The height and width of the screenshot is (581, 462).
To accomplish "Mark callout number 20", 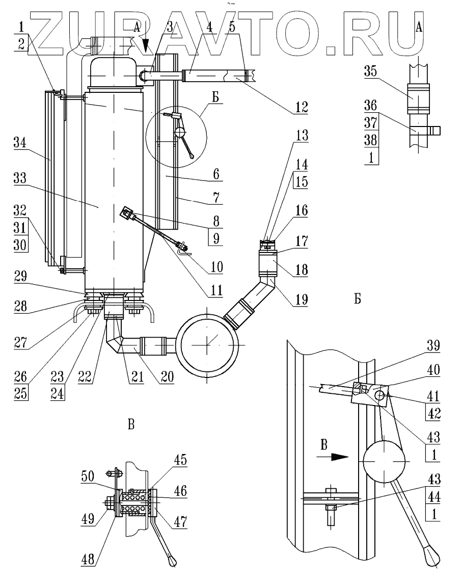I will [x=167, y=377].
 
